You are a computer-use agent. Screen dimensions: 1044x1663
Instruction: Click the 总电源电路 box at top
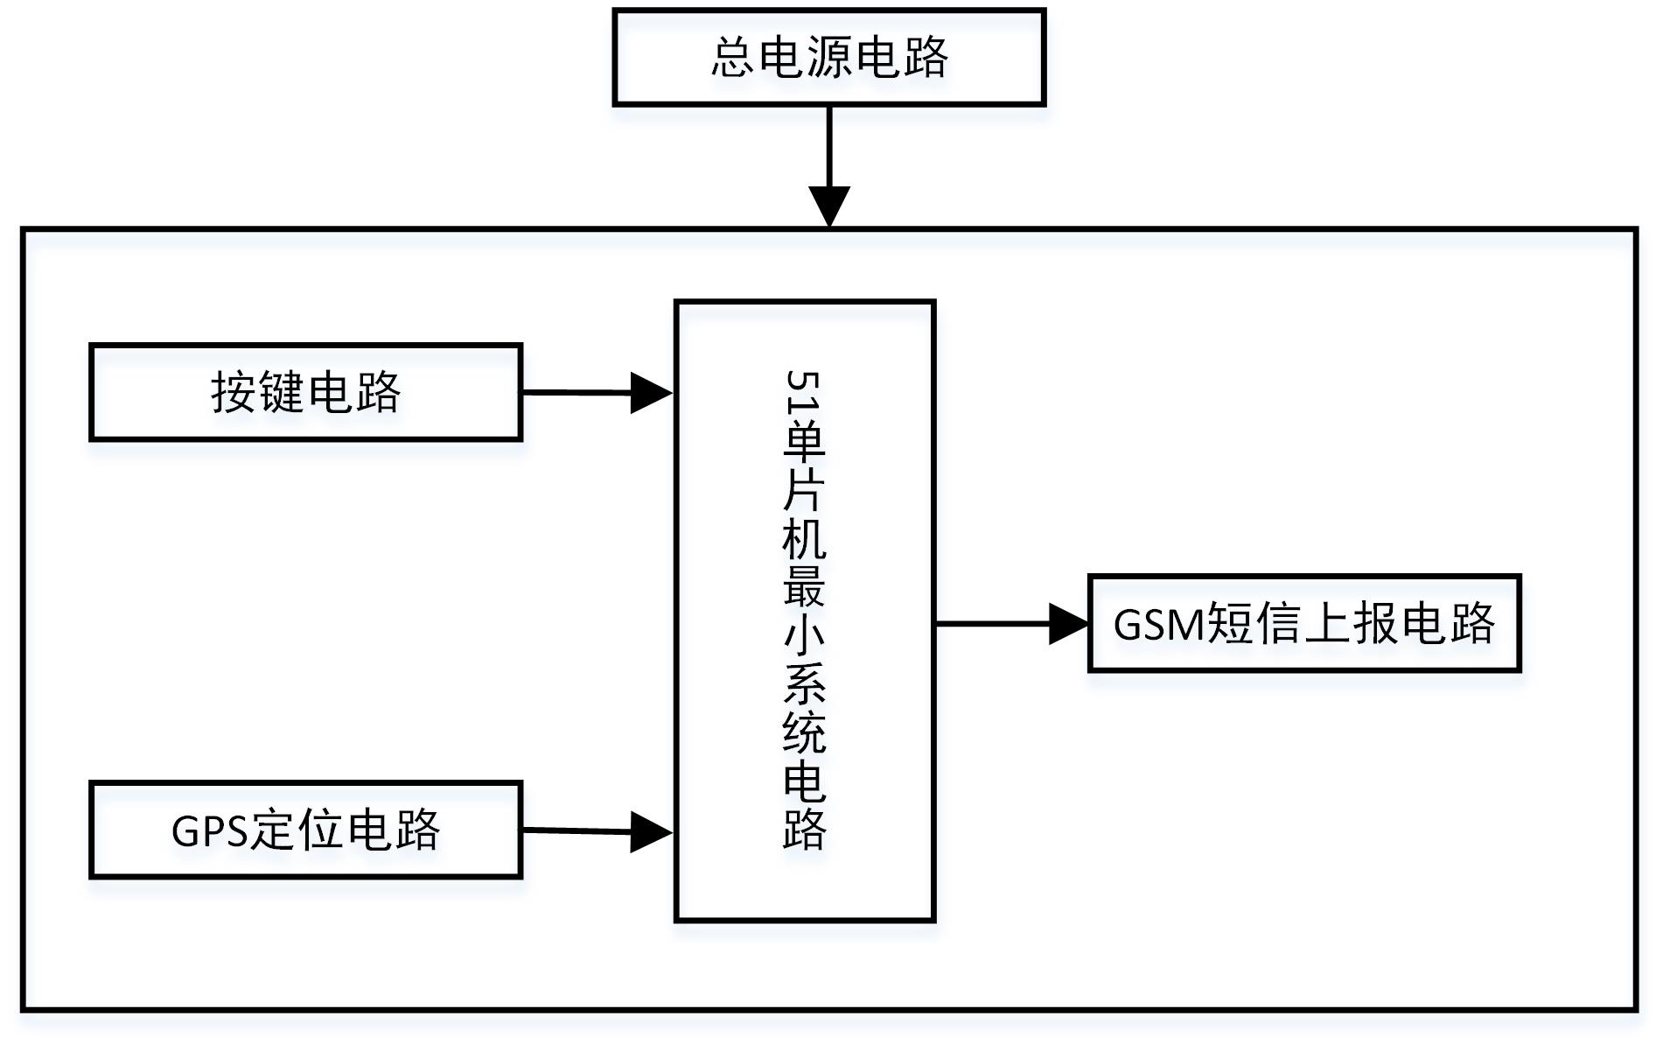pos(828,58)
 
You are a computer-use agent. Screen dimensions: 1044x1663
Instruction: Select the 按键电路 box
pos(305,392)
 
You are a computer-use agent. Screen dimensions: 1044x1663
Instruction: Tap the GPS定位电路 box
pos(305,830)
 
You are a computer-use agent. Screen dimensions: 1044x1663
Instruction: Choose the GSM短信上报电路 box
pos(1303,623)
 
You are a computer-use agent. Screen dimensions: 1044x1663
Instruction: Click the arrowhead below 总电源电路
pos(828,206)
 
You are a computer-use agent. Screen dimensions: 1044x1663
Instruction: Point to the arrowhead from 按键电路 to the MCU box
pos(650,393)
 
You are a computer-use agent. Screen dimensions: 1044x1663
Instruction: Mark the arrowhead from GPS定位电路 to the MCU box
pos(650,831)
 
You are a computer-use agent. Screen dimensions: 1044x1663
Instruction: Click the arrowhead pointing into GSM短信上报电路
pos(1067,624)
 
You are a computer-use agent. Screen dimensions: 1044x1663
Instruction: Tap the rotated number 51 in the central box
pos(803,391)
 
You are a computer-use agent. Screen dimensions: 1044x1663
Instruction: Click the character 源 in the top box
pos(828,58)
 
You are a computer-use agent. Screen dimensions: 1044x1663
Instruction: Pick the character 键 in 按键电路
pos(282,392)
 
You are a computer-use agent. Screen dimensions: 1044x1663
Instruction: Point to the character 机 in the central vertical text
pos(803,536)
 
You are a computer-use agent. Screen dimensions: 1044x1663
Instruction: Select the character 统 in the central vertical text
pos(803,732)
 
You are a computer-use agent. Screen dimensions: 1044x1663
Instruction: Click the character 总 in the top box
pos(733,58)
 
